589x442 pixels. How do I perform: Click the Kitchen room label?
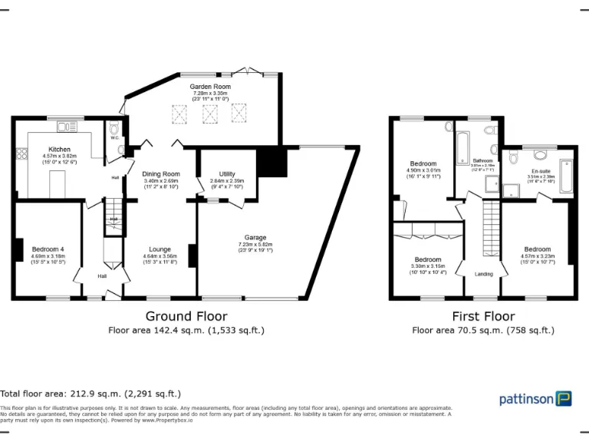point(60,149)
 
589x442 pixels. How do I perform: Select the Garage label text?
point(255,238)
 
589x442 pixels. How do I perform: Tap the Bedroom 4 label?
point(48,249)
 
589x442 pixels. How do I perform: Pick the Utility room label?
point(226,174)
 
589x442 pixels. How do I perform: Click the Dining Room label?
point(161,174)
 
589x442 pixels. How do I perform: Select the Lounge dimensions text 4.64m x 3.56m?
point(160,256)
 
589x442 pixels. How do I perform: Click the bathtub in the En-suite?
point(565,176)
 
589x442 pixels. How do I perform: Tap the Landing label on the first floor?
point(484,274)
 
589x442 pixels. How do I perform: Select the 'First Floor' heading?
point(483,316)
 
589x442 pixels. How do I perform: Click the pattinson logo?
point(535,398)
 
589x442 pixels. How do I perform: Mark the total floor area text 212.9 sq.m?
point(90,393)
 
